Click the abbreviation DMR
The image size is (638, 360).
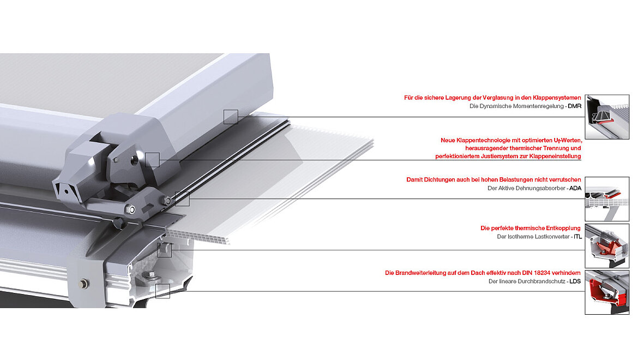[x=574, y=106]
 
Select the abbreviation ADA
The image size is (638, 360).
[x=575, y=188]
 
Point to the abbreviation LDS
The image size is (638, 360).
[x=575, y=281]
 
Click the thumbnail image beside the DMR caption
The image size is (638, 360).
[x=607, y=116]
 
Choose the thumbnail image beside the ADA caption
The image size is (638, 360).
[x=607, y=199]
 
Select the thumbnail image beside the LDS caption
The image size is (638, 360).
[x=607, y=292]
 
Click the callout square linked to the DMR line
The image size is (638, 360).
[x=231, y=116]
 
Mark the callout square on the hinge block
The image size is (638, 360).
[x=152, y=159]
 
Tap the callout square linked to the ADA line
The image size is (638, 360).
[x=182, y=199]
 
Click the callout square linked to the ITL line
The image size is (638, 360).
[x=164, y=250]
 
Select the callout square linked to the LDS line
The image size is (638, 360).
[x=162, y=291]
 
